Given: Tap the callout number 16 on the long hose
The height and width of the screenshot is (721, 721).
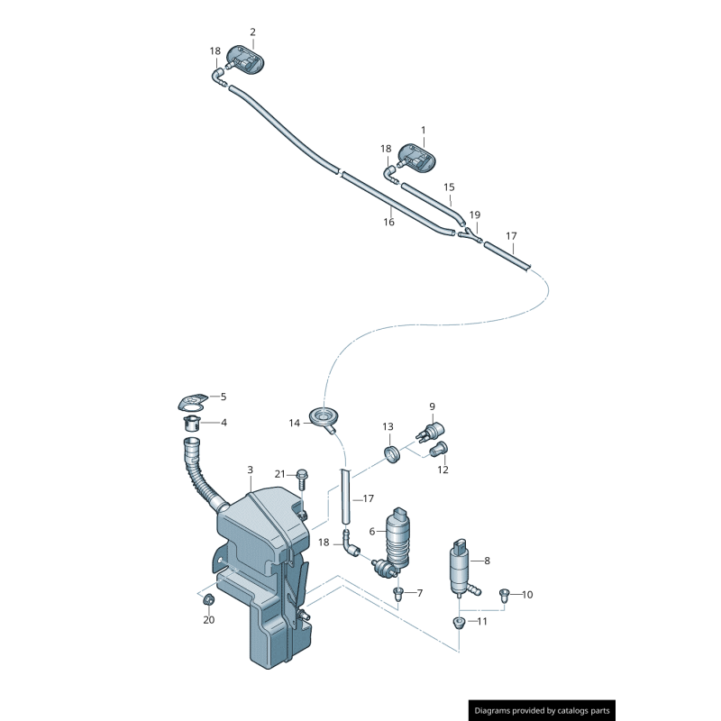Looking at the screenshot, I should click(x=389, y=222).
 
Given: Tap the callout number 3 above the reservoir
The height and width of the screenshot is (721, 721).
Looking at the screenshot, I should click(x=250, y=470).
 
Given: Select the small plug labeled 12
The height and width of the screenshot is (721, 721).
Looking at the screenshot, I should click(x=440, y=450).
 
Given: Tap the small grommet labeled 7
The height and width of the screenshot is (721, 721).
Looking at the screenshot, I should click(x=397, y=593).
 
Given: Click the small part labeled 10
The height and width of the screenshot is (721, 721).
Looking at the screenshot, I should click(x=504, y=594).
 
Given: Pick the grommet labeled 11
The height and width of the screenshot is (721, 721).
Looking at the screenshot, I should click(x=458, y=622).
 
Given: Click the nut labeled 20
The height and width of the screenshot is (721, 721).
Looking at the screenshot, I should click(x=208, y=600).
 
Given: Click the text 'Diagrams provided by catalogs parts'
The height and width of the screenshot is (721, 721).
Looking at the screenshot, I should click(x=542, y=711).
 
